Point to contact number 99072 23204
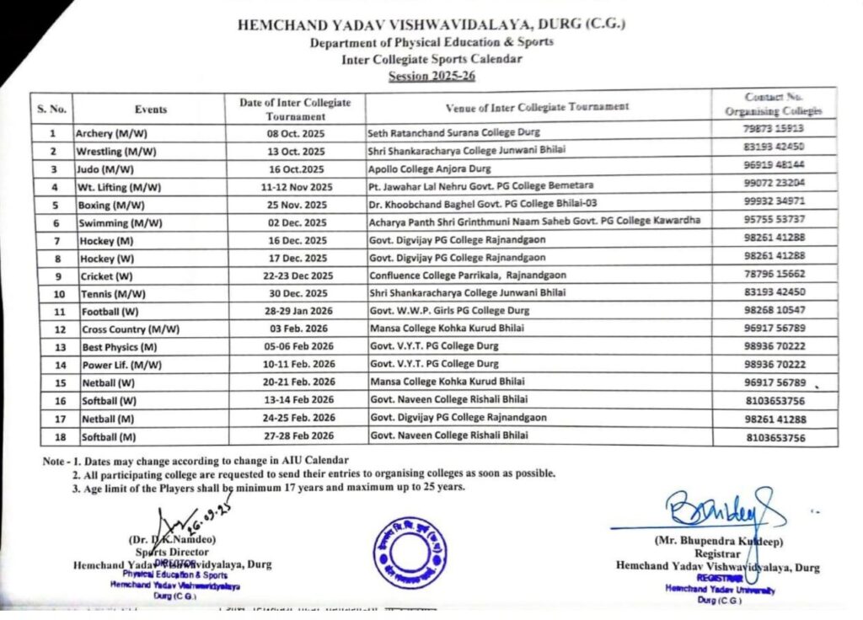(x=775, y=186)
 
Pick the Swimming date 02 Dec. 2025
(x=296, y=222)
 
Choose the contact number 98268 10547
(x=775, y=312)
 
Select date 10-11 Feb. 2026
(x=297, y=365)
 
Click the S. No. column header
(x=51, y=109)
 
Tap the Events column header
(x=151, y=110)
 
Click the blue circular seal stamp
(x=410, y=552)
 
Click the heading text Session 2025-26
(x=431, y=76)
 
